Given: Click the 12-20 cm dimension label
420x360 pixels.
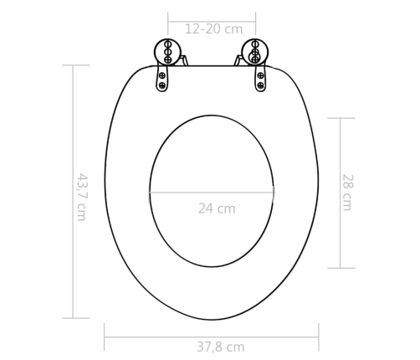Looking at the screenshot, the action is coord(214,29).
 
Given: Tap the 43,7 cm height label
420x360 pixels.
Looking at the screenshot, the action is coord(82,198).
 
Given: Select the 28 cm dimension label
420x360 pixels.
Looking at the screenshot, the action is coord(348,193).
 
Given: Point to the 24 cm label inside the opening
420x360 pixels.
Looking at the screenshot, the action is coord(217,208).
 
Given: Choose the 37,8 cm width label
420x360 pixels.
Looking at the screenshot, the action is coord(221,347).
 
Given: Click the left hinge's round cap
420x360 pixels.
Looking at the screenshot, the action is coord(167,52).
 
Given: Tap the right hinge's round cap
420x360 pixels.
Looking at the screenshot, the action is coord(255,52).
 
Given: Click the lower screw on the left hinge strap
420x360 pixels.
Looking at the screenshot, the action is coord(162,85).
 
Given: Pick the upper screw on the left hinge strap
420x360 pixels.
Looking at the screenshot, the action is coord(162,75).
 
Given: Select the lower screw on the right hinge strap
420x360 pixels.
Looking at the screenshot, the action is coord(260,85).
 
